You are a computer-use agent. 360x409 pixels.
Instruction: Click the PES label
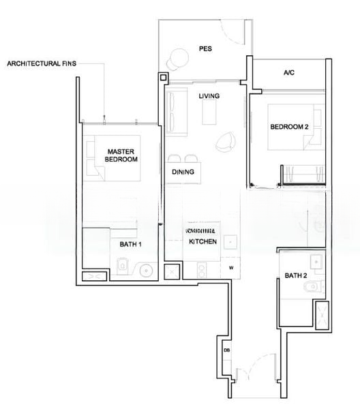[205, 49]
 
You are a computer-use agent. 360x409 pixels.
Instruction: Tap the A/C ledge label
[289, 73]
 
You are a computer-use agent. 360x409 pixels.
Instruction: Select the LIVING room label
[209, 96]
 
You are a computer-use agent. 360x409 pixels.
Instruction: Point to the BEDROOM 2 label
[289, 127]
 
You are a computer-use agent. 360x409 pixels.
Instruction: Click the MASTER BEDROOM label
[121, 155]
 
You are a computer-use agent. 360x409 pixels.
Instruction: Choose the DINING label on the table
[183, 172]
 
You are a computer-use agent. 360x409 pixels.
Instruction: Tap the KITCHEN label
[202, 241]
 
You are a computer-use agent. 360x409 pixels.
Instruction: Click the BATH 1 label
[130, 245]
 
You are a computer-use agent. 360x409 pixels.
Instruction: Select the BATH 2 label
[295, 275]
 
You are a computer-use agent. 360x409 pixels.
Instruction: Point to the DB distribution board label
[226, 350]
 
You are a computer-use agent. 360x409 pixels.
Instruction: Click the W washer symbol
[231, 268]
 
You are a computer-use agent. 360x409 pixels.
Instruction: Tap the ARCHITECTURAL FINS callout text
[42, 63]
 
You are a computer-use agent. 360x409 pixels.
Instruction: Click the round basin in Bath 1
[146, 271]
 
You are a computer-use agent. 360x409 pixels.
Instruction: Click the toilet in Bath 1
[122, 266]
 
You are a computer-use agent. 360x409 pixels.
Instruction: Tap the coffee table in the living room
[209, 112]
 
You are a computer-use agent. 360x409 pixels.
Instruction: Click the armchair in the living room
[226, 142]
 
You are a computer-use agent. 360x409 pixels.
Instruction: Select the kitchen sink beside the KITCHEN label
[230, 242]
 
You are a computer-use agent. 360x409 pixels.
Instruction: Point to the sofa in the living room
[177, 112]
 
